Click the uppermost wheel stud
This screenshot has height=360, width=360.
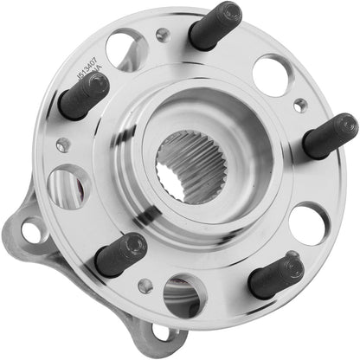[216, 26]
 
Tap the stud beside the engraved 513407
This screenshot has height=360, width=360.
[83, 96]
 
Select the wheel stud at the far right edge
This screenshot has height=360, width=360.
[330, 136]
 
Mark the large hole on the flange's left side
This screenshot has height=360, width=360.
[66, 186]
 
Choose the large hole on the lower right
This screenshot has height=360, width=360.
[308, 222]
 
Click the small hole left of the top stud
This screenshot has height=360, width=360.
[163, 35]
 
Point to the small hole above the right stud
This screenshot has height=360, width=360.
[300, 105]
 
